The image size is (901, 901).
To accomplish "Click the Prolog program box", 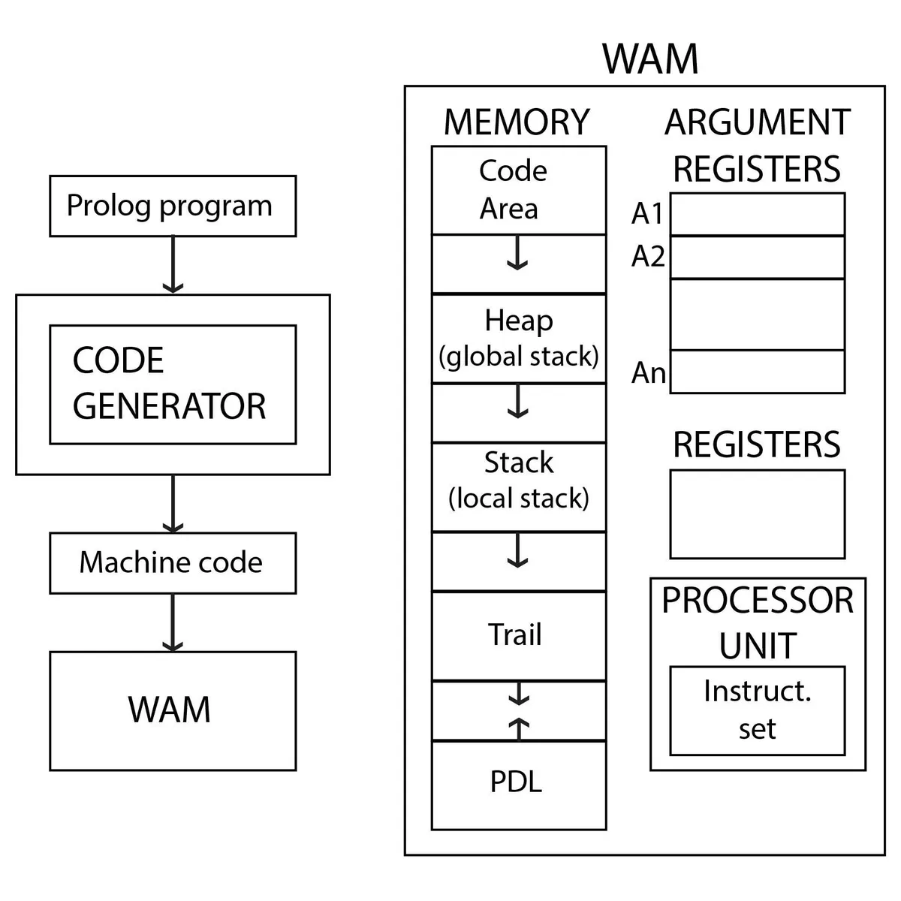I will (173, 206).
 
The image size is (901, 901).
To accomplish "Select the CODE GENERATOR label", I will (170, 384).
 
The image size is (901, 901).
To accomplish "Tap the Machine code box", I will (173, 563).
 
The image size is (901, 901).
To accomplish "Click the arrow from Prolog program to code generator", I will (173, 265).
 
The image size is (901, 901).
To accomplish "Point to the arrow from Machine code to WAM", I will (173, 622).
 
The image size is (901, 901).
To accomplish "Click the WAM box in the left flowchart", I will (173, 710).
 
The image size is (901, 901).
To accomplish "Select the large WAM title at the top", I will (650, 59).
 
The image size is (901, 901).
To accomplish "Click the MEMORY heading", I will (517, 122).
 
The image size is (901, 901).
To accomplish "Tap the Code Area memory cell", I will (518, 190).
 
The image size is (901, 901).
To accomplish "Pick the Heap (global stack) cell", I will (518, 339).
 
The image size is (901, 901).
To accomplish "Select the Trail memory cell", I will (518, 635).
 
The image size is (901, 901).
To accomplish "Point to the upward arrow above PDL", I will (519, 728).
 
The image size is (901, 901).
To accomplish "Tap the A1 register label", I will (647, 214).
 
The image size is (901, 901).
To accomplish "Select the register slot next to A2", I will (757, 258).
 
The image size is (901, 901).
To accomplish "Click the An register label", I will (648, 372).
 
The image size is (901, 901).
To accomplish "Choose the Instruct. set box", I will (757, 710).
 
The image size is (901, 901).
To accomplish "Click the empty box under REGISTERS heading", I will (757, 514).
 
